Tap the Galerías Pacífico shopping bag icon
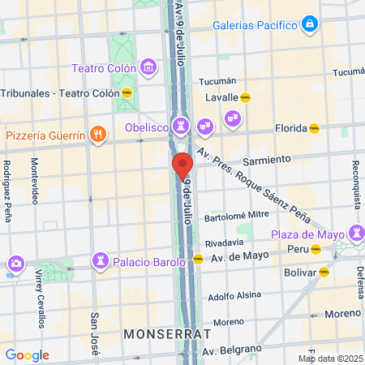[x=308, y=26]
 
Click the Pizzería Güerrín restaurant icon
[x=98, y=135]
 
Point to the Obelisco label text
[x=146, y=127]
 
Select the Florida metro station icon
[x=314, y=127]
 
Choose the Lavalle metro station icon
[x=245, y=97]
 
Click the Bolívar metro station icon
[x=324, y=273]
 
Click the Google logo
[x=27, y=355]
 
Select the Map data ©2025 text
[x=329, y=359]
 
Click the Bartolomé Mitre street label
[x=236, y=215]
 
